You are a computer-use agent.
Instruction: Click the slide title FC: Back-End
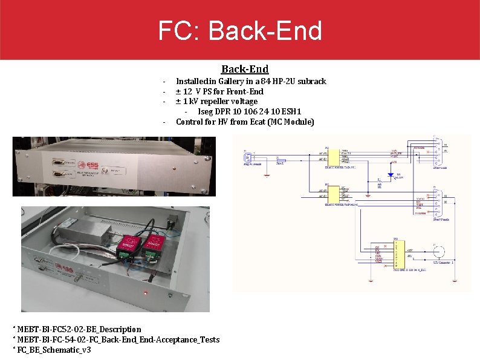[240, 30]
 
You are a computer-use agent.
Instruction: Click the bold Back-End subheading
[244, 70]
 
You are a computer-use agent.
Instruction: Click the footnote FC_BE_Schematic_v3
[53, 350]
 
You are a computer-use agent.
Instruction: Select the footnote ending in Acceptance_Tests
[118, 339]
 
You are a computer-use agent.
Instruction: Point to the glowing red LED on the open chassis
[146, 294]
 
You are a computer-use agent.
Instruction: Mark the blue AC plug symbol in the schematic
[247, 159]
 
